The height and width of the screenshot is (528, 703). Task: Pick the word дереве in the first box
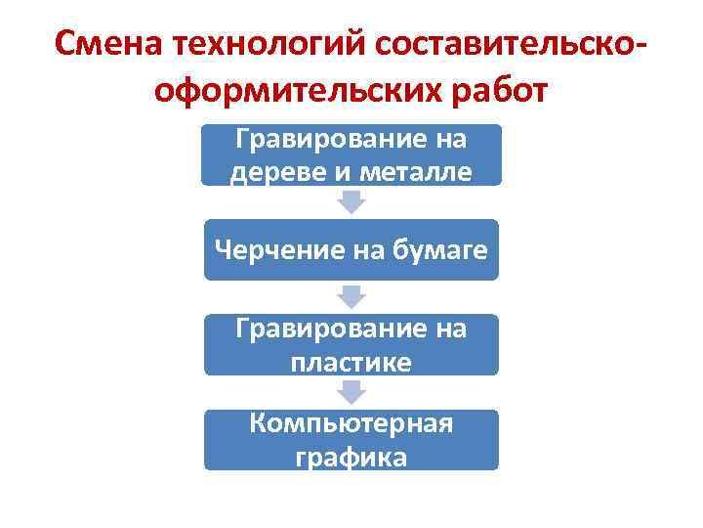[265, 172]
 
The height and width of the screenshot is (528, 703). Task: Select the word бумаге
[438, 254]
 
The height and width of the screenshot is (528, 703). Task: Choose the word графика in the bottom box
[351, 456]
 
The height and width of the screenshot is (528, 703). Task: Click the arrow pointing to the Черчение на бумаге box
[351, 201]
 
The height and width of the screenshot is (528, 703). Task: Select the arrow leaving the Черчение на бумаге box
[351, 296]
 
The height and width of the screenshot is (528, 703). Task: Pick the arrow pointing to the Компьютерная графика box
[351, 391]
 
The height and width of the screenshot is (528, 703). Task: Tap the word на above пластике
[448, 330]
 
